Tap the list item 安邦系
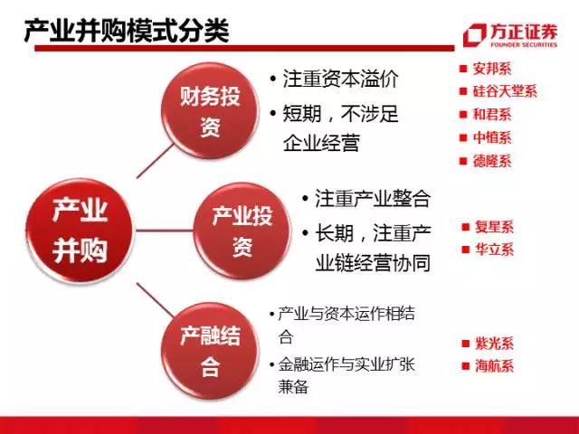coord(492,68)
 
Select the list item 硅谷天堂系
coord(504,91)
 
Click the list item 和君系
coord(492,115)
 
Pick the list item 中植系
coord(492,138)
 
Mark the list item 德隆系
coord(492,162)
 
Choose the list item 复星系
coord(494,227)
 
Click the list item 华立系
coord(494,250)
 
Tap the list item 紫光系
coord(494,344)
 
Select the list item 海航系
coord(494,366)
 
